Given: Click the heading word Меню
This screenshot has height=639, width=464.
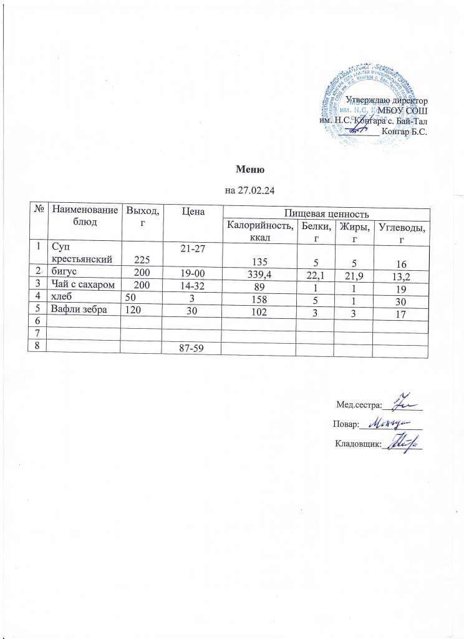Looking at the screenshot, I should click(x=251, y=169).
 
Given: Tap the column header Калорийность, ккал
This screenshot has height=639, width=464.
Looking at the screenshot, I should click(x=259, y=230).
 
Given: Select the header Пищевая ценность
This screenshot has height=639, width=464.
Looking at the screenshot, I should click(x=325, y=214).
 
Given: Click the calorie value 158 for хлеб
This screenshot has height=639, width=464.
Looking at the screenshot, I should click(x=259, y=300).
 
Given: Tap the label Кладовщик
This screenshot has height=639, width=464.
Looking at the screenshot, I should click(x=357, y=444).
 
